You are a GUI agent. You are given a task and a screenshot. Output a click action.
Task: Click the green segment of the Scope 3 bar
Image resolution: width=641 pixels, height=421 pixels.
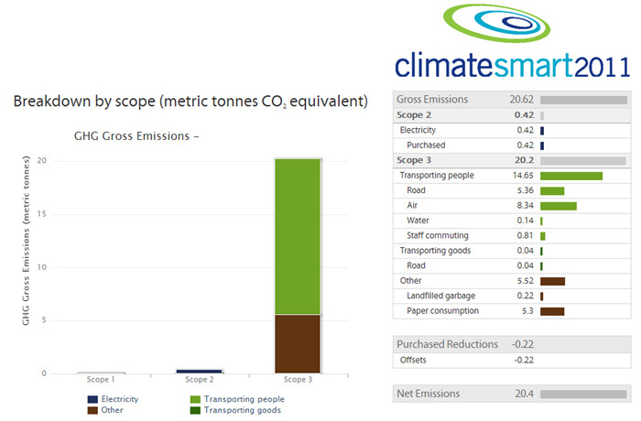298,237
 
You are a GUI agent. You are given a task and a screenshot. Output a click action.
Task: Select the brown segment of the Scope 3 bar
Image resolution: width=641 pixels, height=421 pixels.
298,344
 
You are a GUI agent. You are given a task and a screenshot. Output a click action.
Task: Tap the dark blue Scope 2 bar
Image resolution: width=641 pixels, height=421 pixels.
199,372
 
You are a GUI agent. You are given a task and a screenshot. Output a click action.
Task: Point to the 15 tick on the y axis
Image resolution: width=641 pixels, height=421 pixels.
42,214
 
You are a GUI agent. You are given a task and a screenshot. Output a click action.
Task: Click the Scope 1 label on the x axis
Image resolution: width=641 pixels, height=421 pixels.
101,379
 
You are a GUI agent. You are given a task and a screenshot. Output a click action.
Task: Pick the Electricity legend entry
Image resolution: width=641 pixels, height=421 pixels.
114,399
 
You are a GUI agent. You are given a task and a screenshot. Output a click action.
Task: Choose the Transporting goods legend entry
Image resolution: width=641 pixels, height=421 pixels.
236,410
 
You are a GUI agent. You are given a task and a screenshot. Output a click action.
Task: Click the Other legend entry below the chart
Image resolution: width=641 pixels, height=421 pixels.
105,410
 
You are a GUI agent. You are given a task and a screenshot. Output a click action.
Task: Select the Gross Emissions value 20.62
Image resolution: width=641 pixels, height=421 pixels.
521,100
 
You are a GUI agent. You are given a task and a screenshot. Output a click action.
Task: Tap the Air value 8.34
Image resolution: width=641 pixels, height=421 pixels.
525,205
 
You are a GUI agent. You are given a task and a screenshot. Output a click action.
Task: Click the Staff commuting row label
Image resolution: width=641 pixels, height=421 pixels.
438,235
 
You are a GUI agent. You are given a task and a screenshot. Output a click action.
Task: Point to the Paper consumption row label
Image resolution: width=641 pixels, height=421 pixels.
442,310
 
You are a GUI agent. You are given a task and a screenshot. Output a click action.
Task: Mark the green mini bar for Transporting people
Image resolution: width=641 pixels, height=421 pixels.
571,176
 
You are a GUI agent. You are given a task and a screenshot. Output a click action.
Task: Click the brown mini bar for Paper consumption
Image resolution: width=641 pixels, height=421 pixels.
552,311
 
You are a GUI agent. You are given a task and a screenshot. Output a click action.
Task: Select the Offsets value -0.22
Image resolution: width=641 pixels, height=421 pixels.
524,360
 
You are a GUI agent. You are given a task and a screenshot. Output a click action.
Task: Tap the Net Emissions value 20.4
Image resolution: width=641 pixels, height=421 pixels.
524,394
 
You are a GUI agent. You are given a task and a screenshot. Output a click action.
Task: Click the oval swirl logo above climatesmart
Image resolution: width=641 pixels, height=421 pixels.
496,23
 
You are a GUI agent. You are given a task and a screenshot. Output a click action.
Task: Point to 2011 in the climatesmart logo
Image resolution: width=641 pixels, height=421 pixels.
603,66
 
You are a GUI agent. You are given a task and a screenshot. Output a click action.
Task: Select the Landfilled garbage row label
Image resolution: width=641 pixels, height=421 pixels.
440,296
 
